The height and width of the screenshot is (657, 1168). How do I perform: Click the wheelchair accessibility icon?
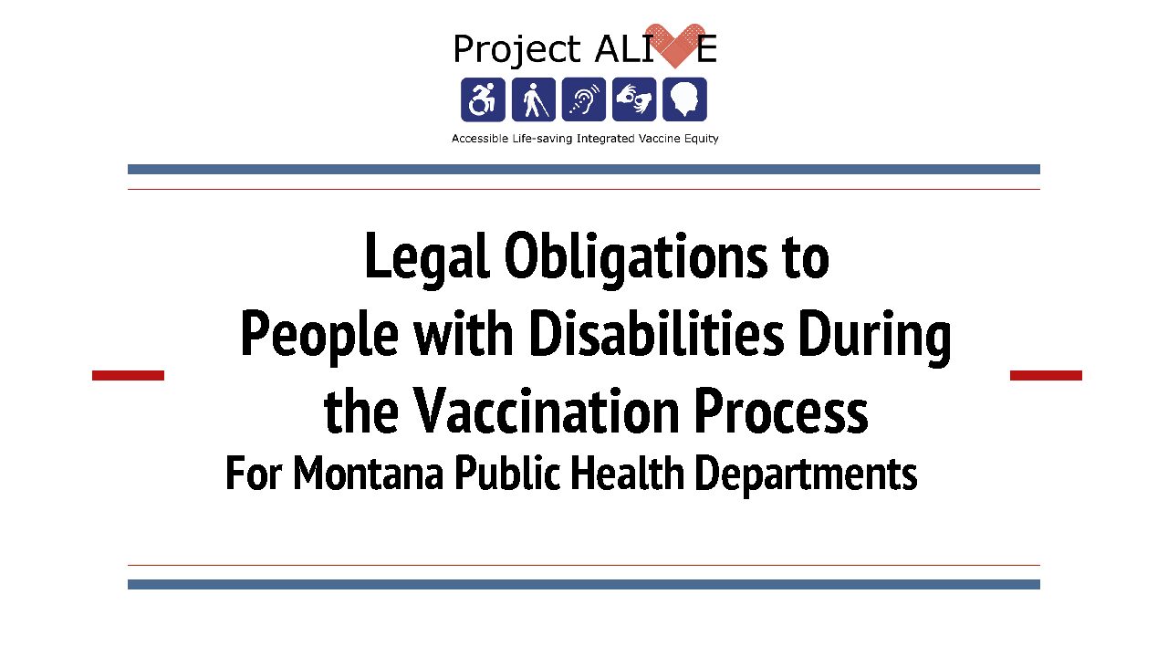tap(483, 99)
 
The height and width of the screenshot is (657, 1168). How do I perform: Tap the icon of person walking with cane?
tap(534, 99)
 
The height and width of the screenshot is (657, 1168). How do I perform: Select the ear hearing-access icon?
tap(583, 99)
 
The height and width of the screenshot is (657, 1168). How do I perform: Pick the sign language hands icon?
tap(634, 99)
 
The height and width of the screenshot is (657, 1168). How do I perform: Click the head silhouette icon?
tap(684, 99)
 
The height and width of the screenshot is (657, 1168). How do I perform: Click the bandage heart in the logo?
tap(675, 46)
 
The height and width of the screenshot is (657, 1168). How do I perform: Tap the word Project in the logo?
tap(516, 49)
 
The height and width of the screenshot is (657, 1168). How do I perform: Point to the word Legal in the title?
tap(427, 257)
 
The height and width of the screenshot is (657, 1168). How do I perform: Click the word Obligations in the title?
tap(636, 257)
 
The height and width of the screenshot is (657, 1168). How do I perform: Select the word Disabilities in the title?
tap(656, 334)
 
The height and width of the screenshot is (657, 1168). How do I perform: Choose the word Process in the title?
tap(781, 411)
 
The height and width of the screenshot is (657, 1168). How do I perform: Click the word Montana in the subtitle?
tap(368, 473)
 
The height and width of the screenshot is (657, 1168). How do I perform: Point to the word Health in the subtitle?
tap(627, 473)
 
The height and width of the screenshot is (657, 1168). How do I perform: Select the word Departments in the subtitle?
tap(806, 475)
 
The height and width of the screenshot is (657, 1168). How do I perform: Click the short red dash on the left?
tap(129, 375)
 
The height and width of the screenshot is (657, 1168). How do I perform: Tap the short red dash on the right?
tap(1046, 375)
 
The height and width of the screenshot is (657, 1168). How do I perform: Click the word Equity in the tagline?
tap(702, 139)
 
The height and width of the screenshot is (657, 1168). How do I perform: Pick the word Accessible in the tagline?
tap(480, 138)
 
